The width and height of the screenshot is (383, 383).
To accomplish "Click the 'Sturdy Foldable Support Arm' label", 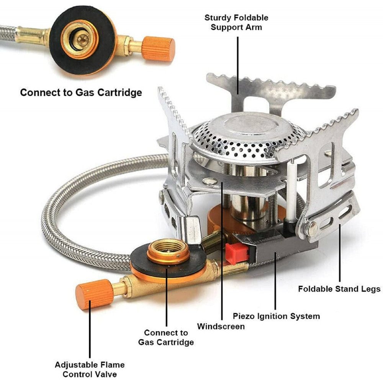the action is [236, 23].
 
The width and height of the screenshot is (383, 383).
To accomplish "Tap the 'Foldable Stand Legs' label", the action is [339, 289].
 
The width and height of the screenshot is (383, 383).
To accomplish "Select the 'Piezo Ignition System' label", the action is [276, 316].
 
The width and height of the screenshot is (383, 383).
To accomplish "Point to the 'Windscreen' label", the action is [221, 326].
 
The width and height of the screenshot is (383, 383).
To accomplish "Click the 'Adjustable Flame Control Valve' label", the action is [90, 369].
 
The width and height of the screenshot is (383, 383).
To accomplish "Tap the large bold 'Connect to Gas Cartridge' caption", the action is [81, 93].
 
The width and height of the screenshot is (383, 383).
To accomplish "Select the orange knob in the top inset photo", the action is [159, 49].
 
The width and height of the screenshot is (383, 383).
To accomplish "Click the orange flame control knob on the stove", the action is [95, 294].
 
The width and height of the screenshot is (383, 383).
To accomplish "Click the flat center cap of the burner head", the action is [249, 126].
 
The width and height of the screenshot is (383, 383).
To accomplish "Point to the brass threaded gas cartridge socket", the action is [168, 252].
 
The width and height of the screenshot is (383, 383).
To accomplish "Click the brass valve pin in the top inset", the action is [83, 40].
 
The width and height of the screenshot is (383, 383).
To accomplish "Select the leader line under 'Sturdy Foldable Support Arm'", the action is [238, 65].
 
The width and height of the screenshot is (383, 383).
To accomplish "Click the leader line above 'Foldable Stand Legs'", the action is [340, 252].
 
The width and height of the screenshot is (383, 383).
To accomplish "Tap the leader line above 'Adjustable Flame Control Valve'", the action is [90, 329].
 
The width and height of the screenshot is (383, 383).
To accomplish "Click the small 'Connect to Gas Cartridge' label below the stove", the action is [166, 337].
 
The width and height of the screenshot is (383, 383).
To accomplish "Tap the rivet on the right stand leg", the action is [313, 229].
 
